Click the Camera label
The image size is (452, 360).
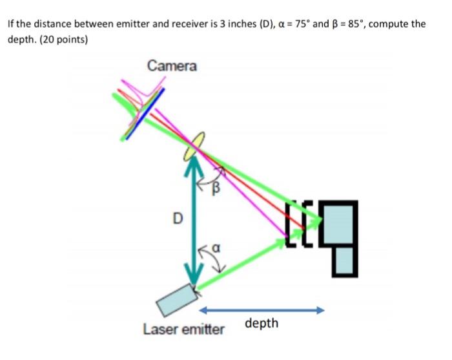click(x=172, y=66)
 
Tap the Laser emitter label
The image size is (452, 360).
click(x=183, y=330)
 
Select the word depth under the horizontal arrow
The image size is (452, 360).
click(x=262, y=323)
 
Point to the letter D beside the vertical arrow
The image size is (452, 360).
click(x=176, y=218)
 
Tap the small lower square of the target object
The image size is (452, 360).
click(x=346, y=260)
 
